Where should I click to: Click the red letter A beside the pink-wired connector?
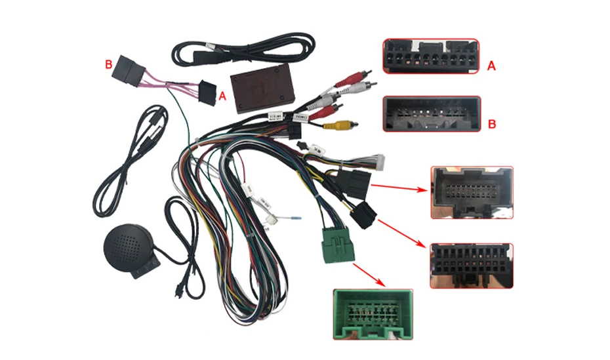[222, 96]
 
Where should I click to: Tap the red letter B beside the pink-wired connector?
[109, 64]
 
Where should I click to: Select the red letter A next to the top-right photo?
[492, 65]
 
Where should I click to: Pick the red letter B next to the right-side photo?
[493, 123]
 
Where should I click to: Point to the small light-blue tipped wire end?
[296, 218]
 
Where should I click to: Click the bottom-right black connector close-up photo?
[471, 266]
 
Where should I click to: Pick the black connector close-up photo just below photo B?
[471, 191]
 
